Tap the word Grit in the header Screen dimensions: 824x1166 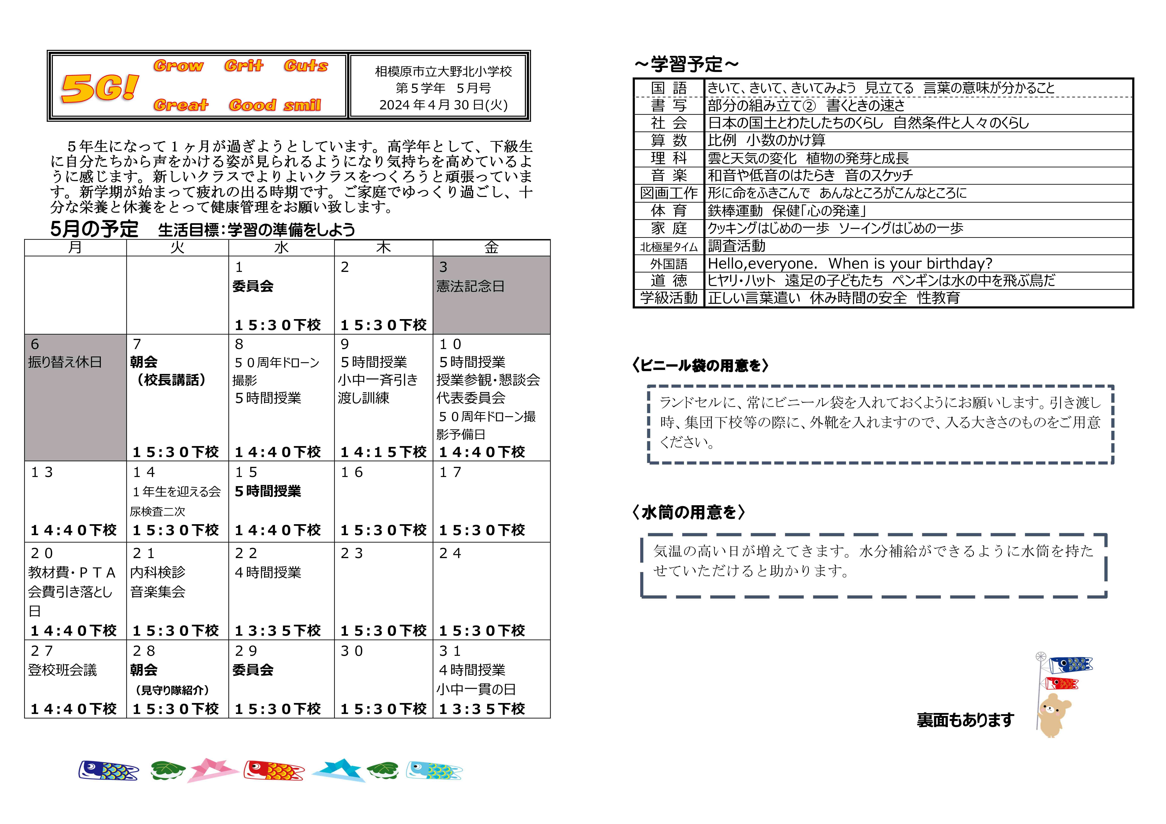[244, 65]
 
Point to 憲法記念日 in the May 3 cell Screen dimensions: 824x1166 [470, 287]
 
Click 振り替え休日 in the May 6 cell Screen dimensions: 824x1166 [65, 362]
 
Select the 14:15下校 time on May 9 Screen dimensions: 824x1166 [383, 452]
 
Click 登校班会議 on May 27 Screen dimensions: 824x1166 [62, 670]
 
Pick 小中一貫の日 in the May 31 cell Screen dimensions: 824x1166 [476, 689]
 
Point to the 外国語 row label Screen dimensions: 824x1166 [669, 264]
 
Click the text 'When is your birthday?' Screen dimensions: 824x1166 [910, 264]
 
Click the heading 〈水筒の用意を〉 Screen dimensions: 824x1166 [688, 512]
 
